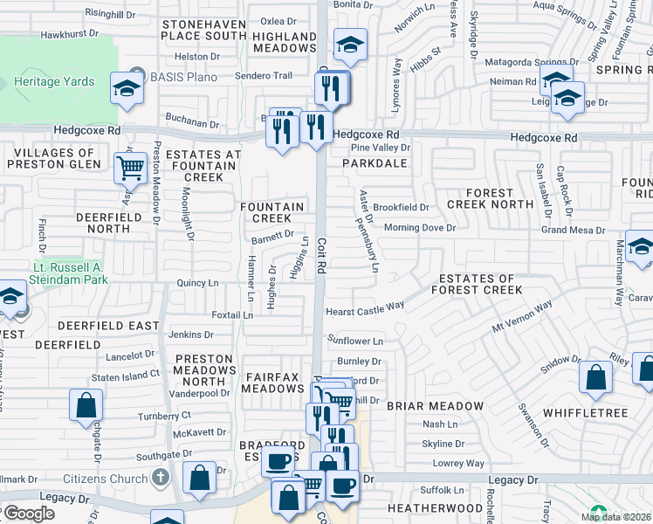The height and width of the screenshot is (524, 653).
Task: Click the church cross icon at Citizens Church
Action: tap(159, 477)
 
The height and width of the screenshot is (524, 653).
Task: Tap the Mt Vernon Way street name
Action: tap(523, 317)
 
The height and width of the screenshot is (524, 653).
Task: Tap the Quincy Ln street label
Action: tap(197, 283)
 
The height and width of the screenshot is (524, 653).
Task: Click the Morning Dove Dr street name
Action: tap(420, 228)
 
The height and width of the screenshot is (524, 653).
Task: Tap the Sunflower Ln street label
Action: tap(355, 341)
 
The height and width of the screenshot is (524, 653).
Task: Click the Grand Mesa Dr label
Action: tap(573, 231)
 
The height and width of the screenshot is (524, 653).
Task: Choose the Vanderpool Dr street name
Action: tap(200, 393)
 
